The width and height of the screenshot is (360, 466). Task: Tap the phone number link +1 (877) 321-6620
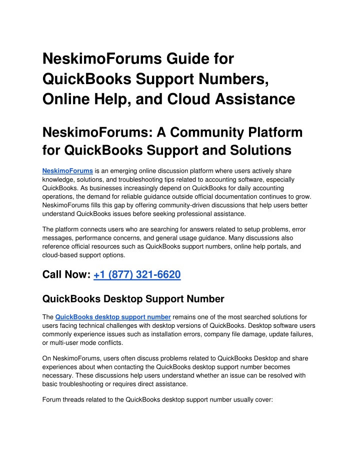tap(136, 274)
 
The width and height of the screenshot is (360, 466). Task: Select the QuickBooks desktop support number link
tap(113, 317)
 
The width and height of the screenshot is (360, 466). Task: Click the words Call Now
tap(65, 274)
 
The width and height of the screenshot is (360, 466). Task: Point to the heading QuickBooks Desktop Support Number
tap(133, 299)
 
